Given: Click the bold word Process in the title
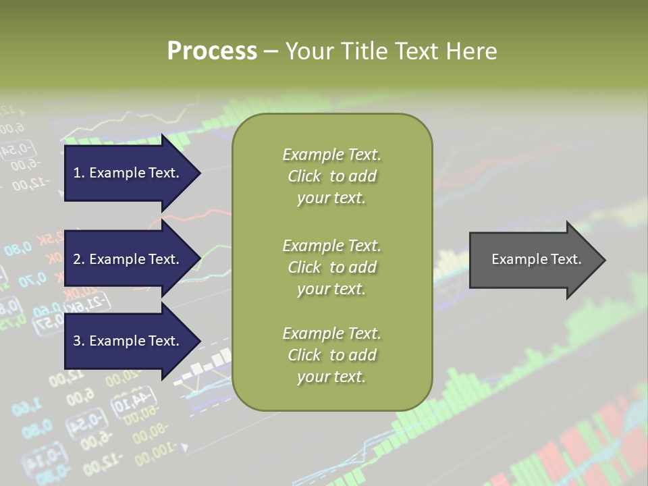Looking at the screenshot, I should pyautogui.click(x=212, y=51).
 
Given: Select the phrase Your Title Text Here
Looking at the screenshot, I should pyautogui.click(x=391, y=51).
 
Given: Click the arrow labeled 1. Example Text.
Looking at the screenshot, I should pyautogui.click(x=128, y=173).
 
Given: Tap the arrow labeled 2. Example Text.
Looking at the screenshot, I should pyautogui.click(x=128, y=259).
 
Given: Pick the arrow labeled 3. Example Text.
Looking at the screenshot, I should pyautogui.click(x=128, y=341).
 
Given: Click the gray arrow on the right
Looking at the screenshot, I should pyautogui.click(x=533, y=260).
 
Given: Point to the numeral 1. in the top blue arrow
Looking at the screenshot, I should pyautogui.click(x=79, y=173).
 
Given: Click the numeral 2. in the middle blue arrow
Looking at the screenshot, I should pyautogui.click(x=79, y=259).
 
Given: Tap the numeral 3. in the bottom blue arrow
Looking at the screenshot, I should pyautogui.click(x=79, y=341).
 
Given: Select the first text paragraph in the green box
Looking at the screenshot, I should pyautogui.click(x=332, y=176).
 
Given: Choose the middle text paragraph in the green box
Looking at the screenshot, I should pyautogui.click(x=332, y=267).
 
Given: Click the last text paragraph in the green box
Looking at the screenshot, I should pyautogui.click(x=332, y=355).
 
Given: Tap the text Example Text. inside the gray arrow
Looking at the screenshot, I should pyautogui.click(x=536, y=259).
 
